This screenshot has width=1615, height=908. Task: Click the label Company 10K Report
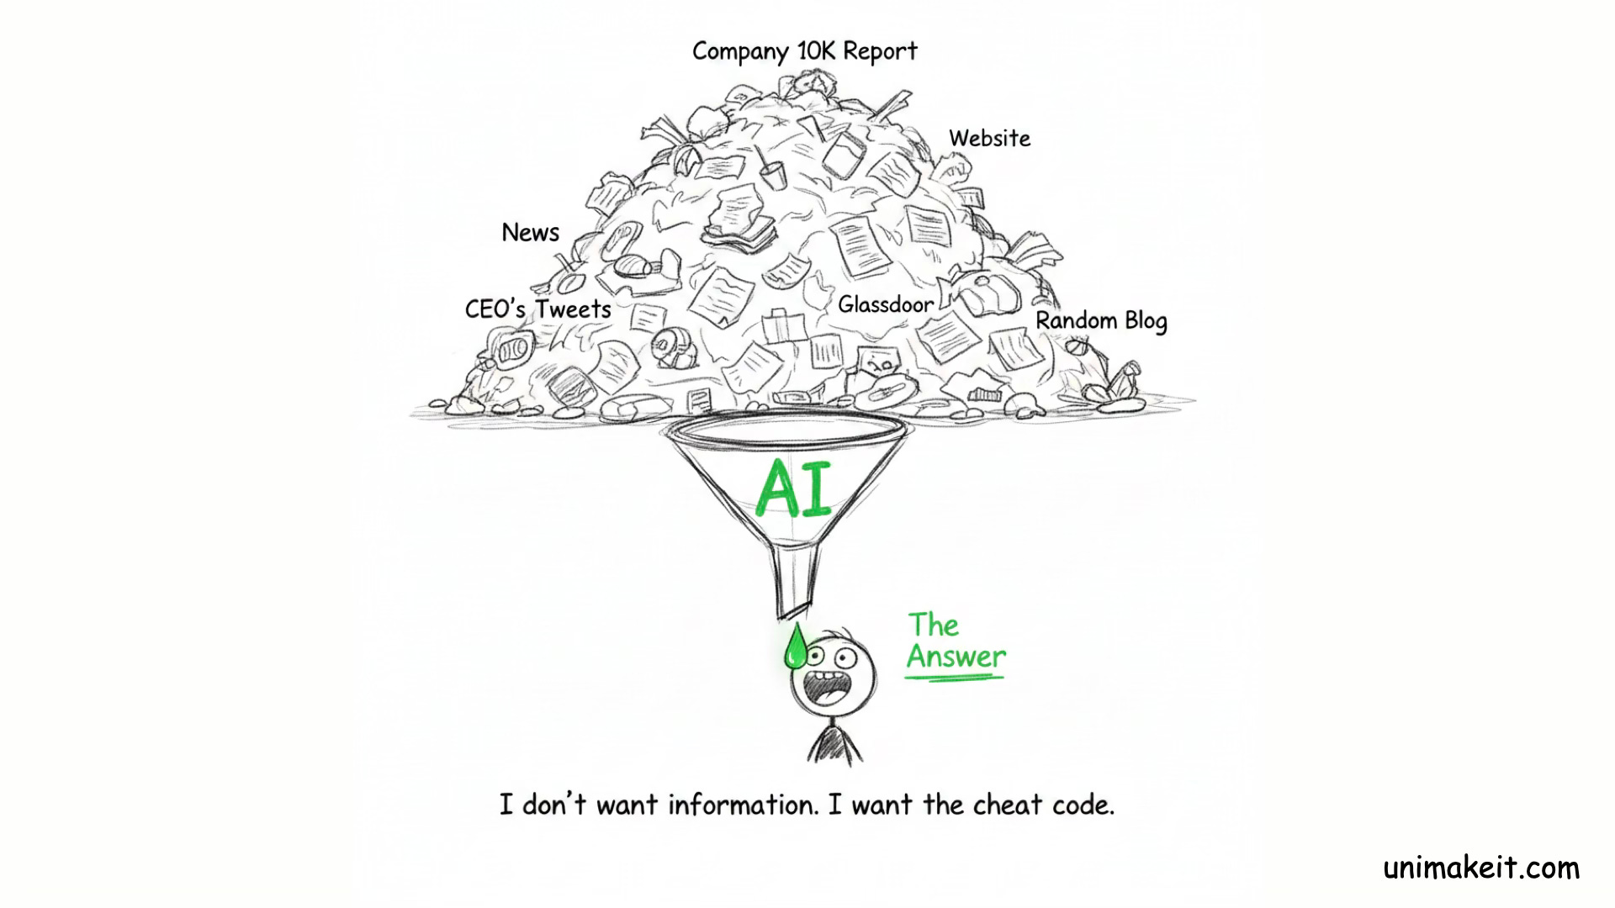click(x=804, y=51)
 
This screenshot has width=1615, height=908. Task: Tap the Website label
click(x=989, y=138)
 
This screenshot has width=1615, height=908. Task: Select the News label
click(x=530, y=232)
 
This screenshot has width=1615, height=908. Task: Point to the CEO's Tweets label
click(x=538, y=309)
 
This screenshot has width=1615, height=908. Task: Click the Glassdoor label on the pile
click(x=885, y=304)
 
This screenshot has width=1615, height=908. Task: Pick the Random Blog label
click(x=1100, y=320)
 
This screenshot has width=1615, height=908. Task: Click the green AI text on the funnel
click(x=792, y=489)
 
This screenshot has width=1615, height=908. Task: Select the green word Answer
click(x=956, y=657)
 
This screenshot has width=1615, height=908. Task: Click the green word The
click(x=933, y=626)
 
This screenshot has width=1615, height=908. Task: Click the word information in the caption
click(x=743, y=805)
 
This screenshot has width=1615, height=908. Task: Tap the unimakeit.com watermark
click(x=1481, y=868)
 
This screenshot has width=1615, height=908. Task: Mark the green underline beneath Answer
click(x=956, y=674)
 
